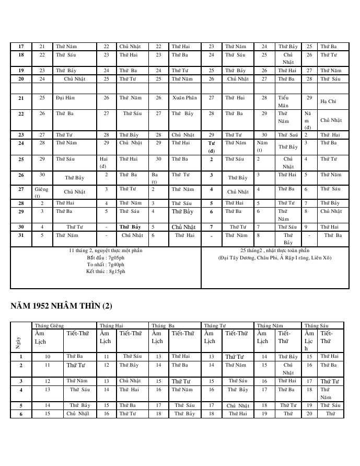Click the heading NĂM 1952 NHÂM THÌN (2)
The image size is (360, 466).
[61, 305]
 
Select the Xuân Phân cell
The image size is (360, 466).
[184, 98]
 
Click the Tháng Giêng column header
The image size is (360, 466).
[49, 325]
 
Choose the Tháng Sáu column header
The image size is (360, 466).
[316, 325]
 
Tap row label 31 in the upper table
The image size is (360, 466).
[21, 235]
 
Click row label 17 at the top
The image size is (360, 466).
[21, 47]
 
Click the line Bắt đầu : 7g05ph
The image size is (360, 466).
[106, 258]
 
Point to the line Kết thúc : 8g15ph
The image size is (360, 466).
[106, 271]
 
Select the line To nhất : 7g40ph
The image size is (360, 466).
[106, 265]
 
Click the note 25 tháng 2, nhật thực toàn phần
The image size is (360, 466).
[275, 251]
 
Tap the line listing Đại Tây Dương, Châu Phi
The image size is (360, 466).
[275, 258]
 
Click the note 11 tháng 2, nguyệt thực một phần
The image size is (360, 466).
[106, 251]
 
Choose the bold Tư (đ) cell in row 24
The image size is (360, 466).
[211, 146]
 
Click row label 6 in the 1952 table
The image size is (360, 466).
[21, 414]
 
